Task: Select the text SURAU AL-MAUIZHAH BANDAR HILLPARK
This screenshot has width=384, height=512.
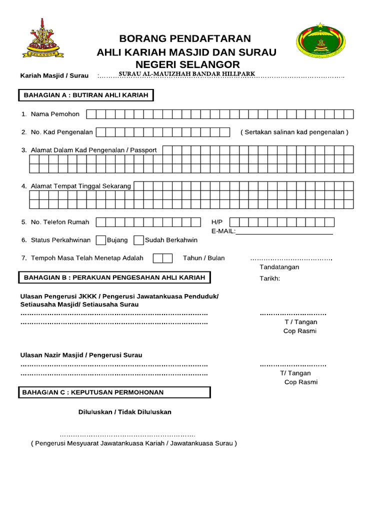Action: [x=187, y=74]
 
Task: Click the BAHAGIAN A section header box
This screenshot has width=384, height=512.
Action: [x=86, y=95]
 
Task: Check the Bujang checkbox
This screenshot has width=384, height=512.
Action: [x=100, y=240]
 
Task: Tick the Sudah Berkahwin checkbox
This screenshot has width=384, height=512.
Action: [x=138, y=240]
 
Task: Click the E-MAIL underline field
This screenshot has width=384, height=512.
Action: [x=284, y=231]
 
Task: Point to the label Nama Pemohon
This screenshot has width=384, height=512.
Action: [x=55, y=114]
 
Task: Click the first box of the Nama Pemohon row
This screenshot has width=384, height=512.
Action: [x=91, y=114]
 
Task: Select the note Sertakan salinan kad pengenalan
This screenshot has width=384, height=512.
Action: [x=294, y=132]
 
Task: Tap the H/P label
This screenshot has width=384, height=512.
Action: [x=216, y=222]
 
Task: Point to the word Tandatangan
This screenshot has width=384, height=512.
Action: [x=279, y=267]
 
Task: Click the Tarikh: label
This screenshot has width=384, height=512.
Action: [x=270, y=278]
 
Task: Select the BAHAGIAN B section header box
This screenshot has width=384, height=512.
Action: [x=115, y=277]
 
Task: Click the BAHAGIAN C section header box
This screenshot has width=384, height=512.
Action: [x=115, y=392]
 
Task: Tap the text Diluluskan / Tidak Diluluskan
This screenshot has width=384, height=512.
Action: [x=124, y=412]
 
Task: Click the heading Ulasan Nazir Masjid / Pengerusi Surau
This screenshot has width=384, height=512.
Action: [x=81, y=355]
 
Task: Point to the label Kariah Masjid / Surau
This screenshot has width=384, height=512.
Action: [x=54, y=75]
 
